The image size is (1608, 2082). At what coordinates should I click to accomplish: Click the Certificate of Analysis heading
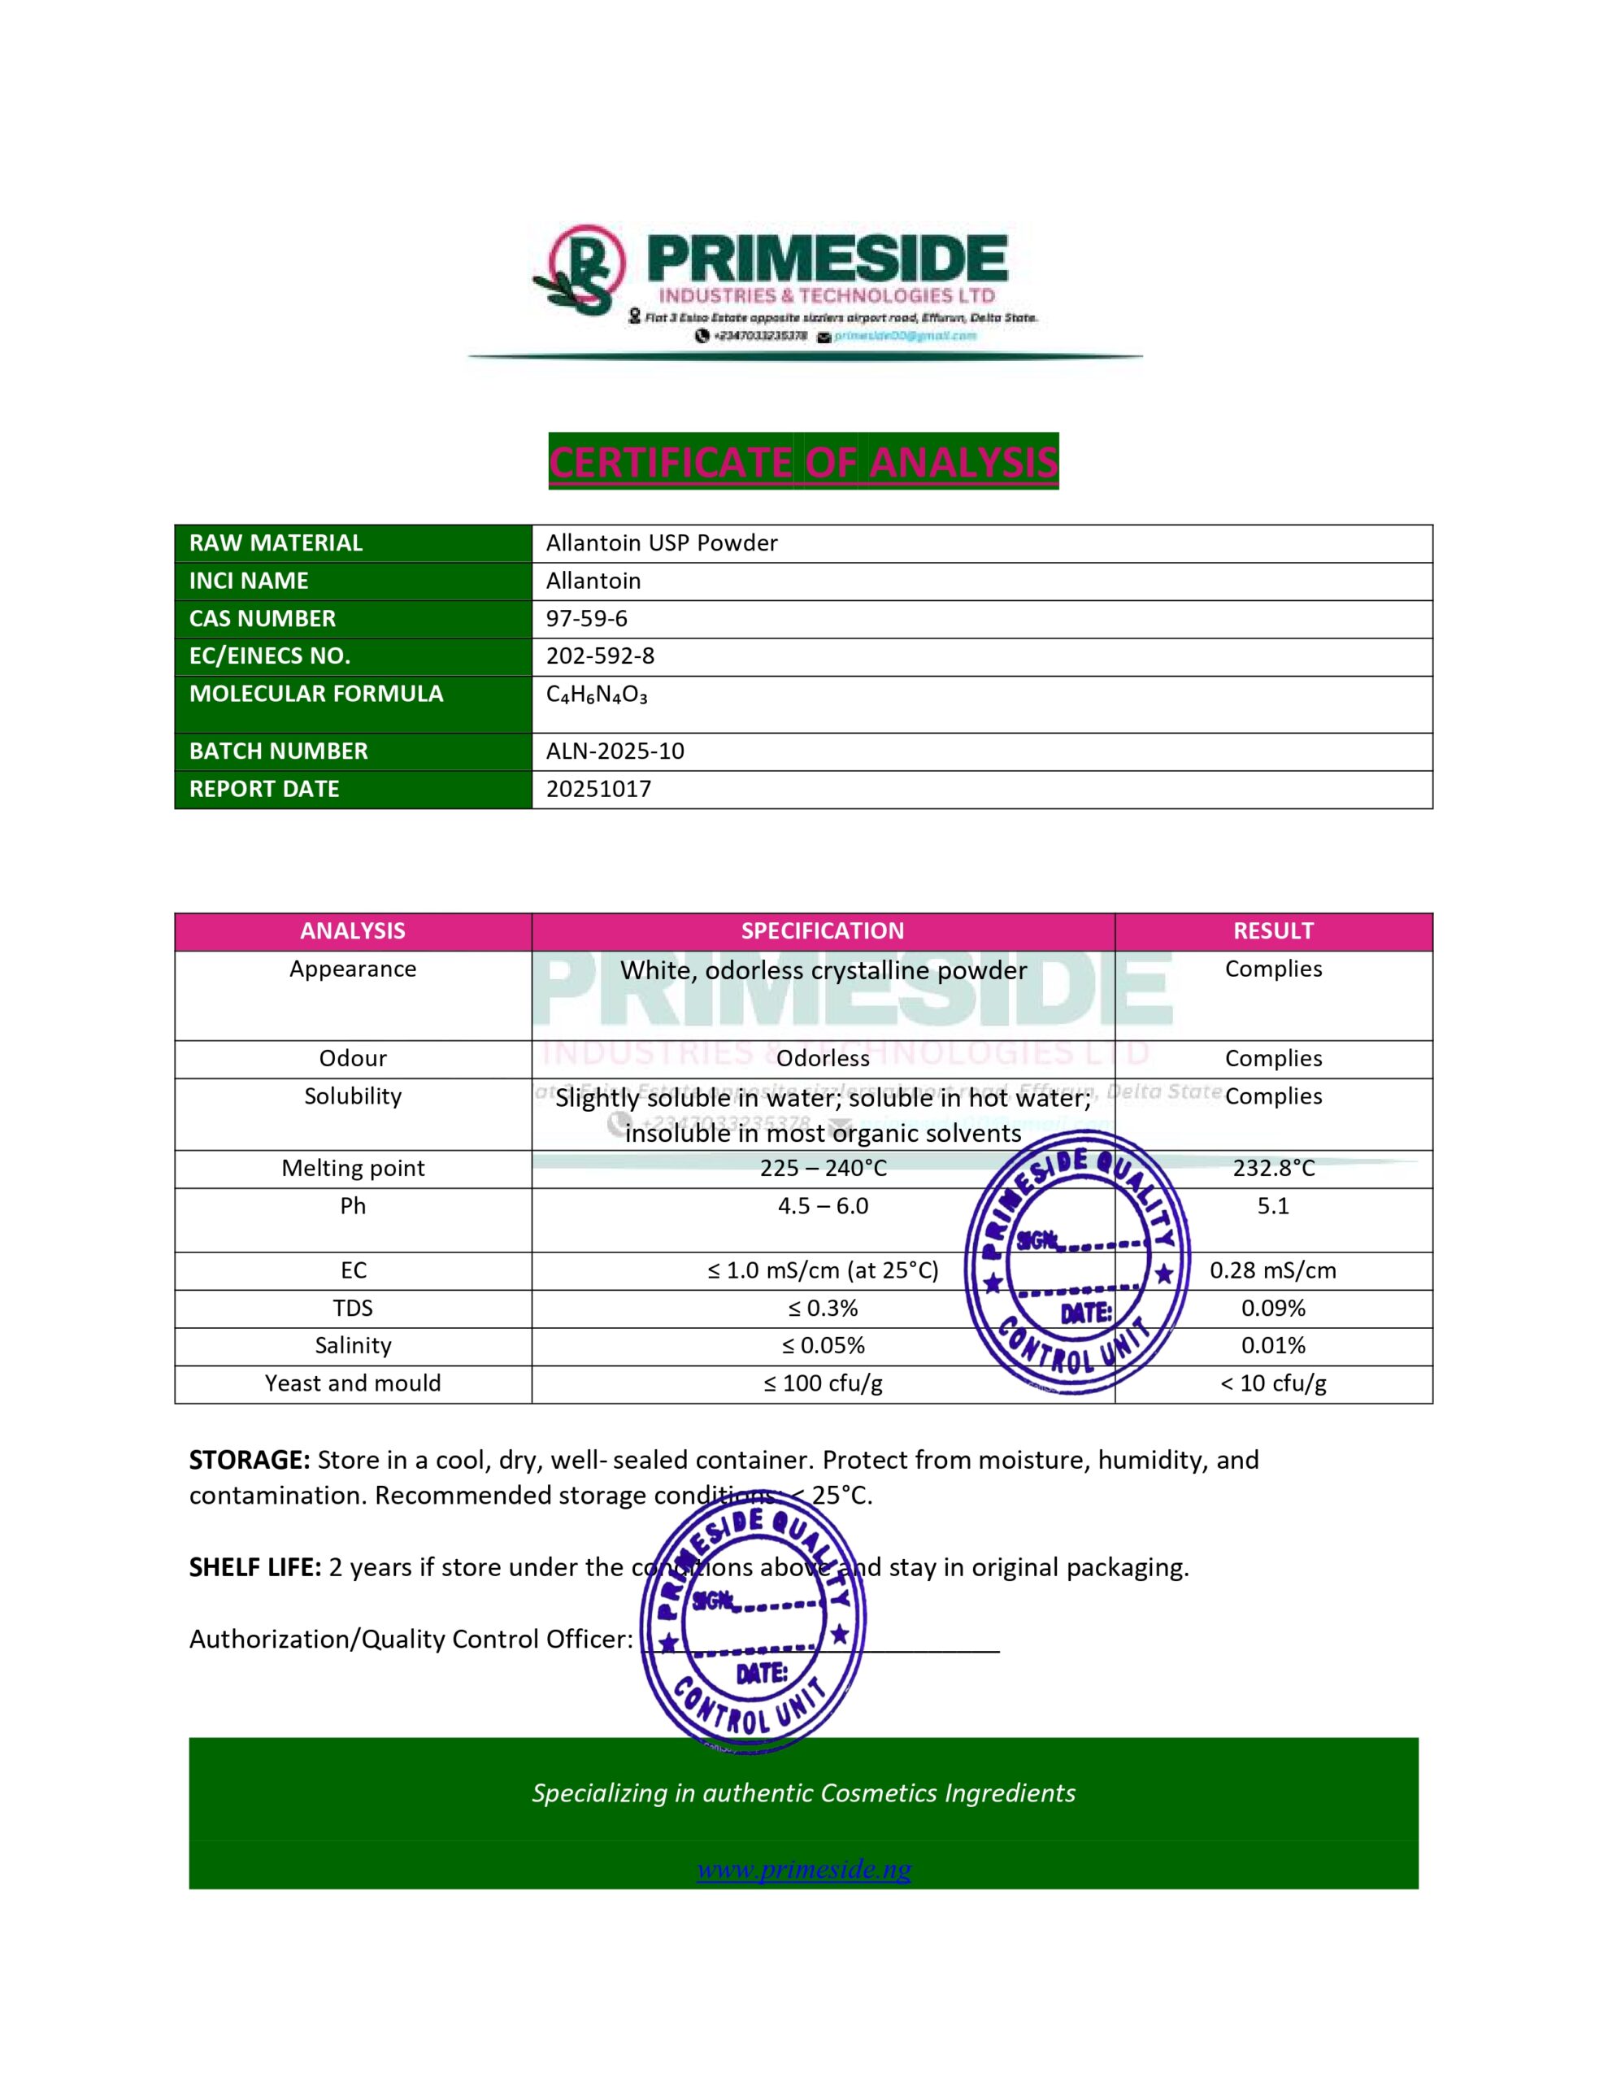(802, 461)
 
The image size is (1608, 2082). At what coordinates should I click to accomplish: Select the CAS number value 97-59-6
(586, 619)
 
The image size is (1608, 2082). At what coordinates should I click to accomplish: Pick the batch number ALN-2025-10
(615, 751)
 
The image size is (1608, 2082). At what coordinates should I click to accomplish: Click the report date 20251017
(598, 790)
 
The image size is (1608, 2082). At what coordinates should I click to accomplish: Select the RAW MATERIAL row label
(276, 543)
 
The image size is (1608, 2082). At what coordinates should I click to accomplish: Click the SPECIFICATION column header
(823, 931)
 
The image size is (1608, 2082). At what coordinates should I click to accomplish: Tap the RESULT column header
(1272, 931)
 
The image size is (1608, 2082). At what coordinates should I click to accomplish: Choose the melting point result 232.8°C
(1272, 1169)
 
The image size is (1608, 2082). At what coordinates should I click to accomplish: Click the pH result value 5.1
(1272, 1206)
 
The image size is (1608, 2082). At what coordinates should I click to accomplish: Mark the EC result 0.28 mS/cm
(1272, 1270)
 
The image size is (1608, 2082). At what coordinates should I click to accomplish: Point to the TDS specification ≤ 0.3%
(823, 1309)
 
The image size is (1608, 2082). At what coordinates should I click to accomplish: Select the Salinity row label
(353, 1346)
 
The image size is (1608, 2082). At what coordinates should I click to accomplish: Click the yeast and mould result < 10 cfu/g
(1272, 1384)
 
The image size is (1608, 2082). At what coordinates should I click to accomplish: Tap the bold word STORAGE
(249, 1461)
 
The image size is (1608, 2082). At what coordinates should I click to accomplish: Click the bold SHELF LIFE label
(254, 1568)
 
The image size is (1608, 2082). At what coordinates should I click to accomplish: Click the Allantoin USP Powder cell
(662, 543)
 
